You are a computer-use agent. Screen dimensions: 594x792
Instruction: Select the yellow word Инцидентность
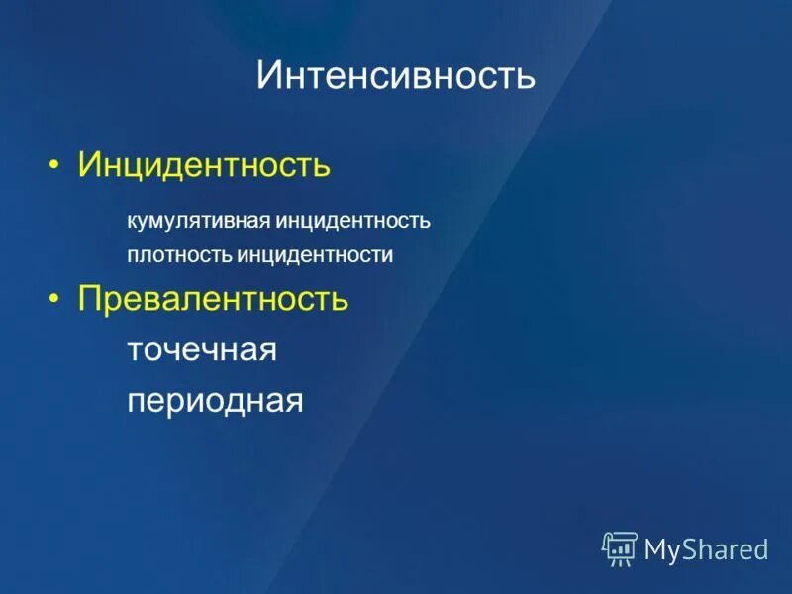tap(204, 164)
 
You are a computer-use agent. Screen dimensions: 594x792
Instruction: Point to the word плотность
tap(179, 255)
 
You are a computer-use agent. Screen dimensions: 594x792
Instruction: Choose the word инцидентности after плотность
tap(315, 255)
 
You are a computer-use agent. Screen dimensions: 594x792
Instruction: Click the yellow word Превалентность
tap(213, 299)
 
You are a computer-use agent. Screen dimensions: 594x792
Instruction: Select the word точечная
tap(201, 349)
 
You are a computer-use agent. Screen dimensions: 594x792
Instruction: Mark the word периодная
tap(214, 401)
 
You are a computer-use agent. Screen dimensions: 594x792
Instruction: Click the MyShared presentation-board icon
tap(620, 548)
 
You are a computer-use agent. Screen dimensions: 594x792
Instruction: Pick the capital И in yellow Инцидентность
tap(90, 164)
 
